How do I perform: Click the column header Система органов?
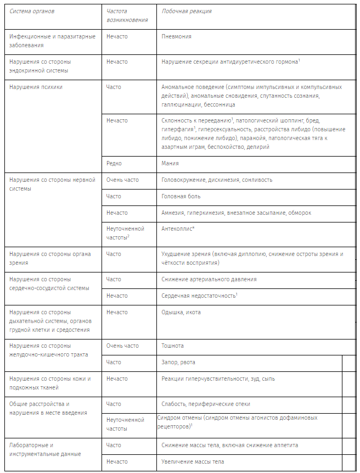[x=32, y=11]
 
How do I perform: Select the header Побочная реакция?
[x=187, y=11]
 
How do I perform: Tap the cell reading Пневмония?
[x=176, y=36]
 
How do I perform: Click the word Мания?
[x=170, y=163]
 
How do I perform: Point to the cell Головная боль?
[x=181, y=196]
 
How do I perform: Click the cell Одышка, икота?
[x=181, y=312]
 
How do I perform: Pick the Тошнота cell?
[x=173, y=346]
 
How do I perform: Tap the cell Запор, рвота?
[x=178, y=362]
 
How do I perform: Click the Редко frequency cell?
[x=114, y=163]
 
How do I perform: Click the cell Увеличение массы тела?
[x=193, y=461]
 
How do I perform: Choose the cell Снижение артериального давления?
[x=209, y=279]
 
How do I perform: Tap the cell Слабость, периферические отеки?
[x=206, y=404]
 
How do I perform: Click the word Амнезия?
[x=173, y=213]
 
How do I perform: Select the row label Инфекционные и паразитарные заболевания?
[x=52, y=41]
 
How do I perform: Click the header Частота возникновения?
[x=127, y=15]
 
